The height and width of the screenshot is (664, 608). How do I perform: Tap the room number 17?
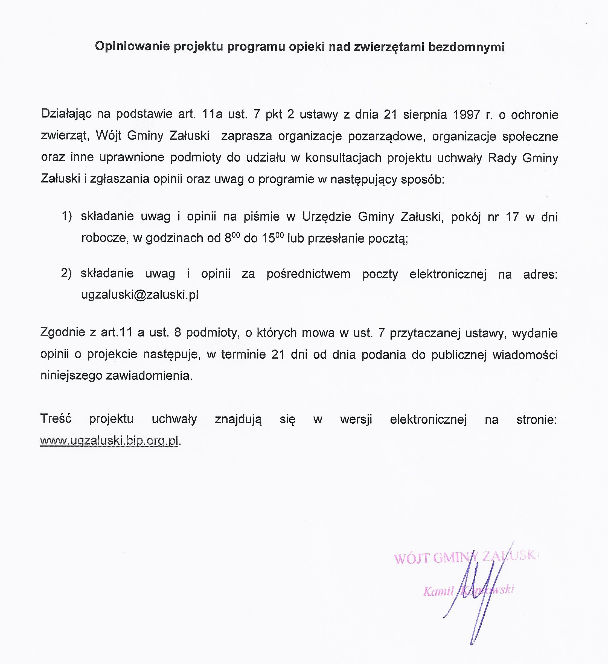[512, 217]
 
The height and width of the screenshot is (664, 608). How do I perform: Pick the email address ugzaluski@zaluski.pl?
[140, 294]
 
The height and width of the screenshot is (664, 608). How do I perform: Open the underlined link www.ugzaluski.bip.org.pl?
[109, 440]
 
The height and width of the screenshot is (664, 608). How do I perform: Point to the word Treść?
[56, 419]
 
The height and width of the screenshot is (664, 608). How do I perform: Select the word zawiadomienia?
[149, 376]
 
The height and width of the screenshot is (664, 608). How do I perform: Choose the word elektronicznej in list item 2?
[448, 274]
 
